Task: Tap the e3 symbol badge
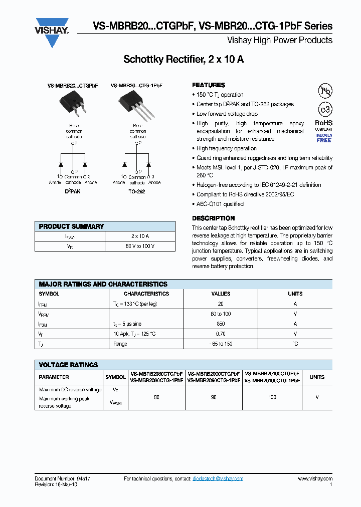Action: coord(325,110)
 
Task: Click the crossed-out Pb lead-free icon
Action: coord(325,91)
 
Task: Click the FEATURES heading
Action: coord(209,85)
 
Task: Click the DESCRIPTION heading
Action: coord(213,218)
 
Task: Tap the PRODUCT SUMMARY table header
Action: coord(71,226)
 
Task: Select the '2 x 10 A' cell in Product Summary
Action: coord(140,236)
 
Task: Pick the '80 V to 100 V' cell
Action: coord(140,246)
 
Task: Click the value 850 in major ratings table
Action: coord(221,324)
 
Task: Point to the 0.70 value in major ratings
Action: coord(221,334)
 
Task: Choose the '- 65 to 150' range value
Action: coord(221,344)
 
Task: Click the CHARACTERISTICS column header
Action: coord(146,294)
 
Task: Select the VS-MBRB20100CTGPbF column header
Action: coord(272,377)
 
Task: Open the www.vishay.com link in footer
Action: coord(315,479)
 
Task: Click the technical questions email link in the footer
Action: coord(218,479)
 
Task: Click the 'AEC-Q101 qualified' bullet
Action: coord(220,204)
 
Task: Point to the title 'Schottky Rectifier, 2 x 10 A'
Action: coord(184,60)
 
